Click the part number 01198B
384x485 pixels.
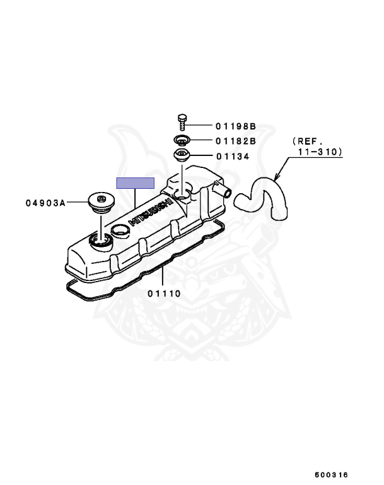tap(236, 126)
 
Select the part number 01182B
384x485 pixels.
tap(236, 141)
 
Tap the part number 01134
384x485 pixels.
tap(233, 157)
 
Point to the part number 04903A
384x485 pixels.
tap(45, 203)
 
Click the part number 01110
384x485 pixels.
tap(165, 293)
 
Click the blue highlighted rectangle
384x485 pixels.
tap(135, 183)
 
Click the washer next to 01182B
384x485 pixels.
tap(182, 140)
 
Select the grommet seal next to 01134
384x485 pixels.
tap(183, 156)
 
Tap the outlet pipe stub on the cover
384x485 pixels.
tap(222, 188)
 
